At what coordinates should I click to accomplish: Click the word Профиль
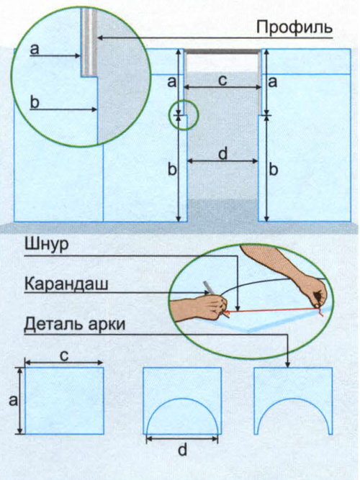pyautogui.click(x=294, y=27)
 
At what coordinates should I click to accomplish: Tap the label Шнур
pyautogui.click(x=47, y=245)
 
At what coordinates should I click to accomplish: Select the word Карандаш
pyautogui.click(x=66, y=284)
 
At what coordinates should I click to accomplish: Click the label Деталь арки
pyautogui.click(x=75, y=324)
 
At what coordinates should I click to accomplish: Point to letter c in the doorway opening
pyautogui.click(x=222, y=80)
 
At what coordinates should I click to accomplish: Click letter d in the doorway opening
pyautogui.click(x=222, y=153)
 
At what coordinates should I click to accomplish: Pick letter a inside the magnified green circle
pyautogui.click(x=35, y=49)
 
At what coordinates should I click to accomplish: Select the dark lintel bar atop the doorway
pyautogui.click(x=222, y=52)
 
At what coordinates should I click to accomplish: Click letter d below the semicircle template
pyautogui.click(x=182, y=450)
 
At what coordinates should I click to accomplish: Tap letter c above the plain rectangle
pyautogui.click(x=64, y=356)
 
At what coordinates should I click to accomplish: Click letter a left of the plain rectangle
pyautogui.click(x=13, y=400)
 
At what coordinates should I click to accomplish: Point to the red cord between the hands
pyautogui.click(x=273, y=310)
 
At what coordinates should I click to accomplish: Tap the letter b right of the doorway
pyautogui.click(x=274, y=169)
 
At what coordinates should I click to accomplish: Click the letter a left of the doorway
pyautogui.click(x=172, y=82)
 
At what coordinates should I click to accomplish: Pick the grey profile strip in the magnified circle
pyautogui.click(x=89, y=42)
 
